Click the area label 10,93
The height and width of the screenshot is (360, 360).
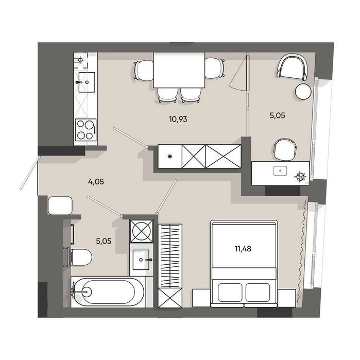178,119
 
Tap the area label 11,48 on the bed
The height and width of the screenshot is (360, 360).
243,248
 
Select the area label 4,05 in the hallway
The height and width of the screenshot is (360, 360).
96,182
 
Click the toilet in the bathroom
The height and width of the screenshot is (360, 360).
79,257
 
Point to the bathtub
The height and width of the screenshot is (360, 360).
108,292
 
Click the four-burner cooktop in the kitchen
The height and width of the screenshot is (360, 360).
85,130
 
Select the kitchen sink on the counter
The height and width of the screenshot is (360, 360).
87,82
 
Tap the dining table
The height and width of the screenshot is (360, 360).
179,70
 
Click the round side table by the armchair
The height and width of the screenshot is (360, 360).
303,91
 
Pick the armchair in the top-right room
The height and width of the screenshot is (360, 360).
292,66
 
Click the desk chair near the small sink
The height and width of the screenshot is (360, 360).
285,149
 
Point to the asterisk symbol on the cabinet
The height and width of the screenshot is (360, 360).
170,157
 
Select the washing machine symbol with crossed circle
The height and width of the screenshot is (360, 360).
141,231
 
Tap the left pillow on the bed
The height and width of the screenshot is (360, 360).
230,292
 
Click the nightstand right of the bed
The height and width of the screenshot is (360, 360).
286,298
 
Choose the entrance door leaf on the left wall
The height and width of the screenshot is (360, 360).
29,173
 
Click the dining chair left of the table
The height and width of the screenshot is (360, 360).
144,70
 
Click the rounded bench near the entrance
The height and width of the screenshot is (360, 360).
60,205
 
